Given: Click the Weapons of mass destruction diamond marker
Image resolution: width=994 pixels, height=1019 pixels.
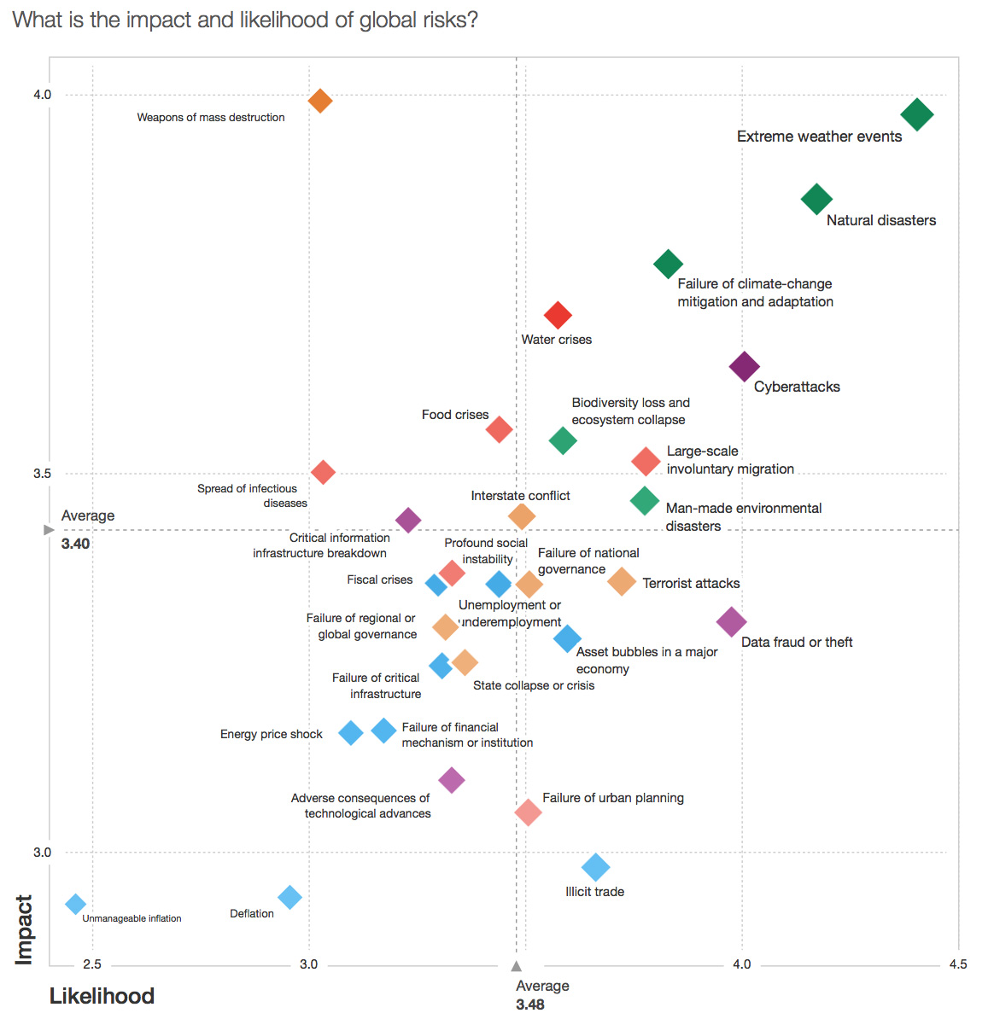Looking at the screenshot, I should (319, 101).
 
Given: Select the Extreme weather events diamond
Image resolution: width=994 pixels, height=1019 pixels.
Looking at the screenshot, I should (917, 114).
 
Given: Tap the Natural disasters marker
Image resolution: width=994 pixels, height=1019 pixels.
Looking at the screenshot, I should (816, 200).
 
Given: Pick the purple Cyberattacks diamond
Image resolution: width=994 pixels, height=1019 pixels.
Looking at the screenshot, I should (745, 367).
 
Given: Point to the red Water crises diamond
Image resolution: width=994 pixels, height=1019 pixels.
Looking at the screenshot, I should (558, 315).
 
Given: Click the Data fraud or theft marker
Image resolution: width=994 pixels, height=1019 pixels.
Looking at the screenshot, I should (731, 622).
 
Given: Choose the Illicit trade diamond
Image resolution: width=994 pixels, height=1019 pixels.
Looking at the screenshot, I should (595, 867).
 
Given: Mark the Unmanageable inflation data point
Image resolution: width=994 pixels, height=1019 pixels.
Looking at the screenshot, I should (76, 904).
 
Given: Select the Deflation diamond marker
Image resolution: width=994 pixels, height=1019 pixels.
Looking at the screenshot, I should (290, 897).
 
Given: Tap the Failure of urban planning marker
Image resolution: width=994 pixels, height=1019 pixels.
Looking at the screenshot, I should (529, 812).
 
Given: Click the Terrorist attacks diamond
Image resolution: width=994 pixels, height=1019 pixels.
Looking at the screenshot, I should (622, 582).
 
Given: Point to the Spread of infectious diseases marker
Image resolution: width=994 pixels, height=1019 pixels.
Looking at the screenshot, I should (323, 472).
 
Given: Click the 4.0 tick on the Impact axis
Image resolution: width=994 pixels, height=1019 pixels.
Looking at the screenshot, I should (43, 95).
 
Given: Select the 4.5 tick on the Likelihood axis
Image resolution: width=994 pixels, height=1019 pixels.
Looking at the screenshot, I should (958, 964).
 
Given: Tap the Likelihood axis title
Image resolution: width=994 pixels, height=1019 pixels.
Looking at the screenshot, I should (102, 996).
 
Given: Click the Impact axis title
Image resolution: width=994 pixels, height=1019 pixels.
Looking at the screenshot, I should (24, 929).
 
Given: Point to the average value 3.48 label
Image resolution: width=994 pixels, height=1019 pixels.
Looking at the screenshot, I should (530, 1004).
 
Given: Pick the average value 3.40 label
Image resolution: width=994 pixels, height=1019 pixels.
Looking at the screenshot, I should (75, 544).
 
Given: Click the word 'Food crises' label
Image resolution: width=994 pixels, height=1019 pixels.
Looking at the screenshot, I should (455, 415).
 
